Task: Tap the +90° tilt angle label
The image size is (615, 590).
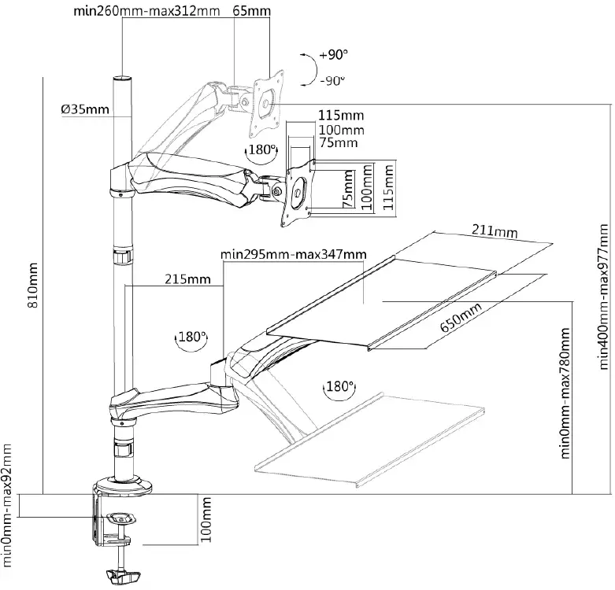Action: click(334, 56)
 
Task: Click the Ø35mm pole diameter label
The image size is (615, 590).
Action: click(85, 109)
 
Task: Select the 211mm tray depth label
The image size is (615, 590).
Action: click(495, 231)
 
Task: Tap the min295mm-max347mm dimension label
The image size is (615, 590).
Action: click(293, 253)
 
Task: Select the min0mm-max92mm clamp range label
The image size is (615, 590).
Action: click(9, 503)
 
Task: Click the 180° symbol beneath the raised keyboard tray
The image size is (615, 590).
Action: click(336, 387)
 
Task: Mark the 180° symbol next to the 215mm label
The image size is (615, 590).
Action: click(191, 336)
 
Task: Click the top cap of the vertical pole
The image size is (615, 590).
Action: click(121, 79)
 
